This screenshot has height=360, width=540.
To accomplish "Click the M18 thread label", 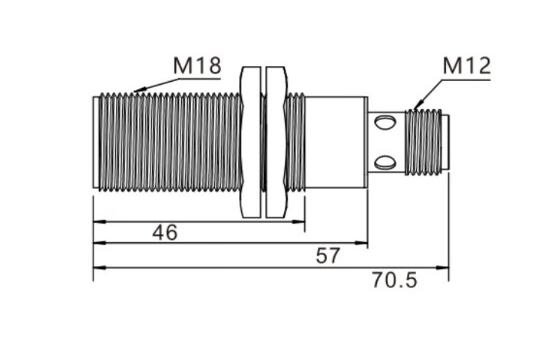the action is (197, 65).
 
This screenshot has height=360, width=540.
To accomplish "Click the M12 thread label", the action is (467, 66).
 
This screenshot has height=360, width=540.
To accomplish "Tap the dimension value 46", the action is (165, 232).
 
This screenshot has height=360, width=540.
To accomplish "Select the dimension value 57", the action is (328, 256).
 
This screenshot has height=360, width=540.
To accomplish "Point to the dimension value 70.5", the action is (394, 280).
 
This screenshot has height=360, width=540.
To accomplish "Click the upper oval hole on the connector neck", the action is (385, 123).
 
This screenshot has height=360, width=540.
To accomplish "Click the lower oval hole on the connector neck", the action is (385, 162).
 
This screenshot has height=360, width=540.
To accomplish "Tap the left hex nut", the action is (251, 142).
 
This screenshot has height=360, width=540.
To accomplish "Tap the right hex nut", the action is (276, 142).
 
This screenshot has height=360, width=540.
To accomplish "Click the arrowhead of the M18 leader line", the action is (138, 90).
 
